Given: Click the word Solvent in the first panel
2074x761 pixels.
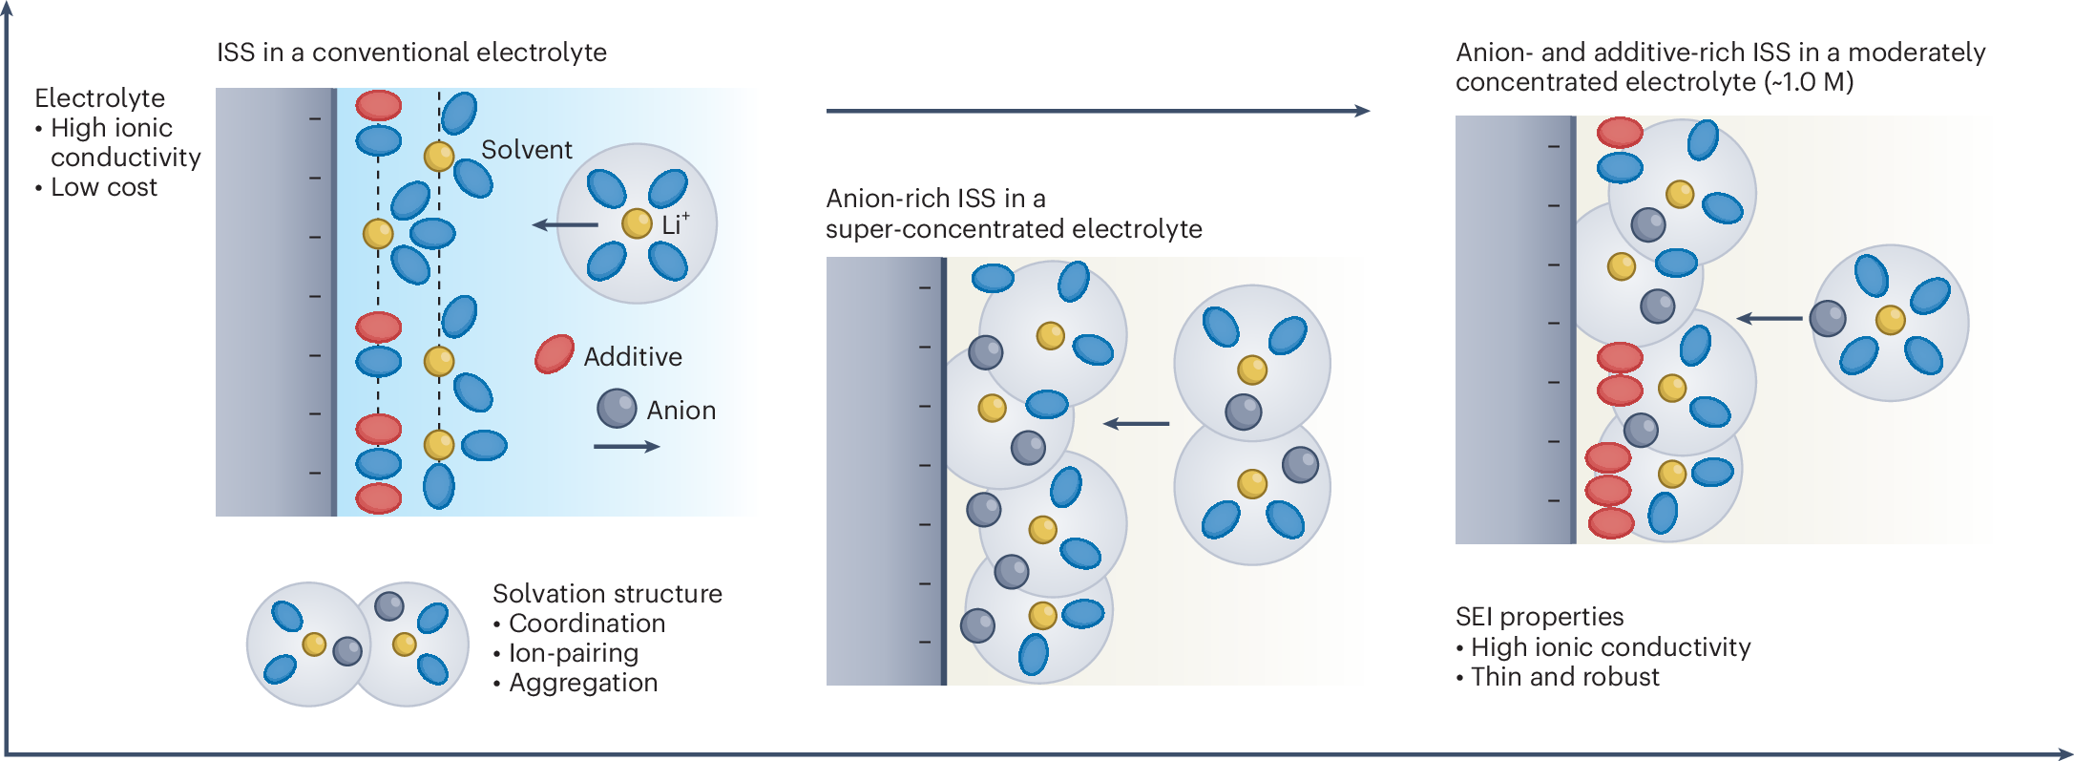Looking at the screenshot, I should click(x=526, y=150).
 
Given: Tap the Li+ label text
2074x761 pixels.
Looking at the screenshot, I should click(x=674, y=224).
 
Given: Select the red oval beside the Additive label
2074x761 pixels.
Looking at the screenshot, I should click(x=555, y=354).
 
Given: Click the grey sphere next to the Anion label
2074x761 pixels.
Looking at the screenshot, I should click(x=617, y=409).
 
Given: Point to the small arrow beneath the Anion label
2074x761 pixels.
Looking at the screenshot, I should click(x=626, y=446).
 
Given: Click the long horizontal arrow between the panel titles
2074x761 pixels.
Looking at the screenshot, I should click(x=1098, y=111).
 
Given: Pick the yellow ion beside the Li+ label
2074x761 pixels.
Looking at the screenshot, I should click(x=637, y=223).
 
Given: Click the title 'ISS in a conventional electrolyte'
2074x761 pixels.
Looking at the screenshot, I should click(x=411, y=53).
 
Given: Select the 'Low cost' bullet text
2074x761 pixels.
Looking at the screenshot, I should click(x=104, y=187).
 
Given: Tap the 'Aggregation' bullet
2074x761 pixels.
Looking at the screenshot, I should click(x=583, y=683).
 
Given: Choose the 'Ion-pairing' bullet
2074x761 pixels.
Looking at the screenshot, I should click(x=574, y=653).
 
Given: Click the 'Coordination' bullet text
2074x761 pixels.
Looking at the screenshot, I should click(x=587, y=624).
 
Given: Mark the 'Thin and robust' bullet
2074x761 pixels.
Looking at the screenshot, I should click(x=1565, y=677).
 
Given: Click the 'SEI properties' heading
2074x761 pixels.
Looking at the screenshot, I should click(x=1540, y=617).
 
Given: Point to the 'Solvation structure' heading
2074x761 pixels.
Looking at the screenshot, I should click(x=607, y=594).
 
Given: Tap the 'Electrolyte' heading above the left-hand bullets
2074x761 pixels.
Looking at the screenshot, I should click(x=99, y=98).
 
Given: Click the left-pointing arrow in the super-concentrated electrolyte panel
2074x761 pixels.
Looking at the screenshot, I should click(x=1136, y=423).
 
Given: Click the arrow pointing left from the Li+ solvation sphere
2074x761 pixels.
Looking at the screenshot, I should click(x=565, y=225).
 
